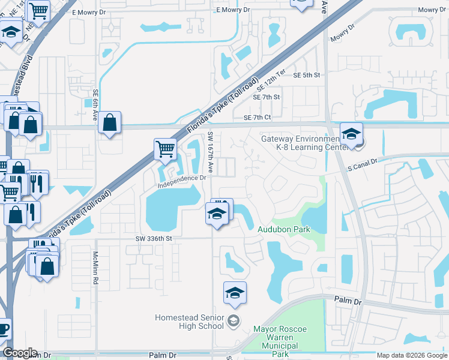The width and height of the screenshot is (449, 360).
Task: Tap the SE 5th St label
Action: (x=307, y=75)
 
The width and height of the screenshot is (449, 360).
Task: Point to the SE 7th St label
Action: (x=267, y=97)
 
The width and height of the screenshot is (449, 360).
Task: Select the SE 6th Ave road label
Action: (x=95, y=105)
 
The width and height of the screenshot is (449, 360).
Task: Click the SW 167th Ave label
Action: (x=211, y=150)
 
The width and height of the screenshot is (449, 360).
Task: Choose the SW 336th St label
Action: (x=153, y=238)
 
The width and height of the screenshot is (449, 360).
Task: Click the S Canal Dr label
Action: (x=361, y=162)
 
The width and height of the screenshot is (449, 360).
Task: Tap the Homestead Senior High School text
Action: (x=189, y=322)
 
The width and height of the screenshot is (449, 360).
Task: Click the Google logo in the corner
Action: (x=19, y=353)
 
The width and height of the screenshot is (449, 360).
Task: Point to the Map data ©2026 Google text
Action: (x=412, y=356)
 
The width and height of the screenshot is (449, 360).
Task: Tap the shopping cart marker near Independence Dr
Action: (x=165, y=148)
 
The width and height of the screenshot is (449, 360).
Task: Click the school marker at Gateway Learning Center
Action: (x=351, y=134)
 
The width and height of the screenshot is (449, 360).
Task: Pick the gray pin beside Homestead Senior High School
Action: (x=234, y=322)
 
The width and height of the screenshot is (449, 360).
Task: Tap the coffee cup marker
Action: (x=3, y=329)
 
